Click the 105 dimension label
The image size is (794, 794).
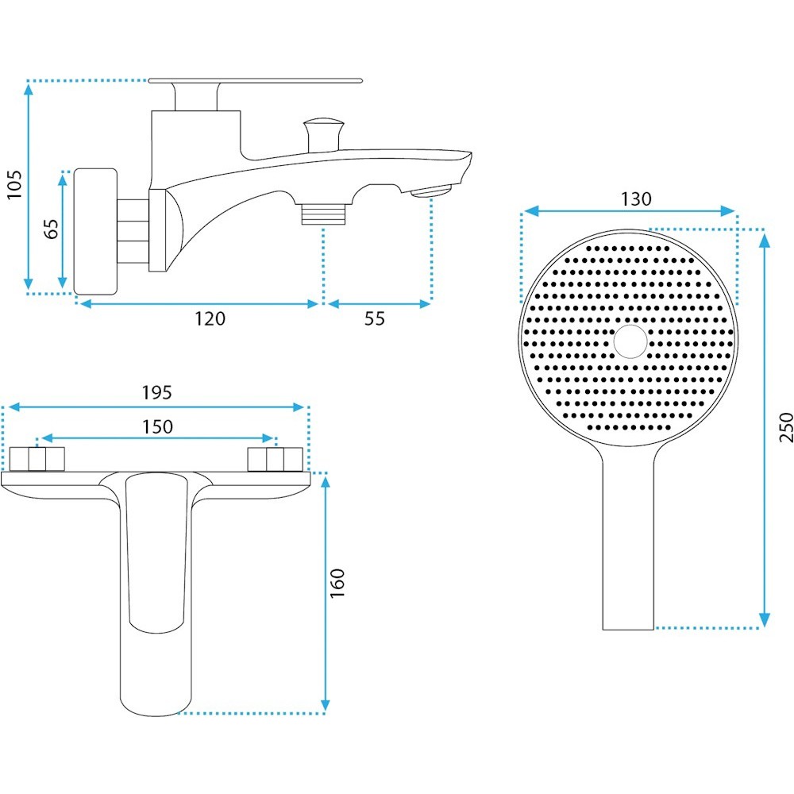click(x=14, y=185)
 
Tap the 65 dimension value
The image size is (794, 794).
click(x=51, y=229)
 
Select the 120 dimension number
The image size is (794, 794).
click(x=210, y=318)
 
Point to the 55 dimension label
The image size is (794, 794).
click(x=375, y=318)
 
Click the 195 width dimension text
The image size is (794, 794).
click(x=156, y=392)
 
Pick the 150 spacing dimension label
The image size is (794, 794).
click(x=157, y=427)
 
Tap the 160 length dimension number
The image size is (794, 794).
click(x=337, y=583)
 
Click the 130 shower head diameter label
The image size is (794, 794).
click(x=636, y=199)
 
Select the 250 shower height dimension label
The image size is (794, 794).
click(x=786, y=427)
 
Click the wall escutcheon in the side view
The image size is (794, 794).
click(x=96, y=231)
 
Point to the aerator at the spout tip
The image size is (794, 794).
click(x=431, y=191)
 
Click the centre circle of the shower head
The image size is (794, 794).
click(x=630, y=341)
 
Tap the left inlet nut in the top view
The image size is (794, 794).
click(x=37, y=459)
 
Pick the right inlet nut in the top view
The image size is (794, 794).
click(x=275, y=459)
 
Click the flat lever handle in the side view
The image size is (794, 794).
click(x=255, y=80)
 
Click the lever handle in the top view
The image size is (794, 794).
click(x=156, y=553)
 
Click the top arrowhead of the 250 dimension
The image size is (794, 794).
click(x=765, y=241)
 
